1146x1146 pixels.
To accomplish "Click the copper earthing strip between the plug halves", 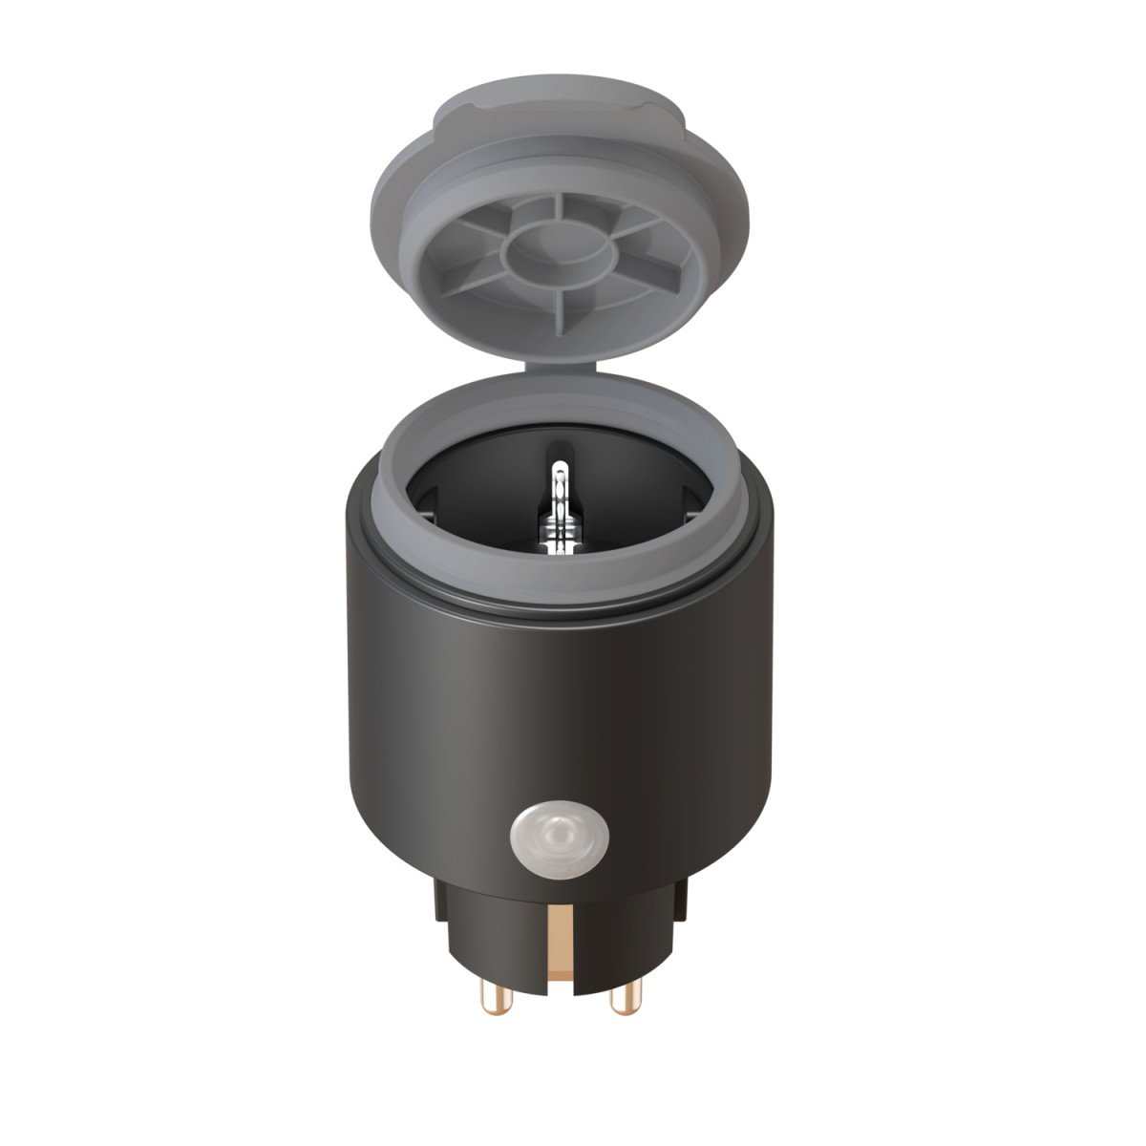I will pyautogui.click(x=558, y=945).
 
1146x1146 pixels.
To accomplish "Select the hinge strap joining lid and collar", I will pyautogui.click(x=561, y=367).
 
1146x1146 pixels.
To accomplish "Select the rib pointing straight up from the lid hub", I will pyautogui.click(x=557, y=205).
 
